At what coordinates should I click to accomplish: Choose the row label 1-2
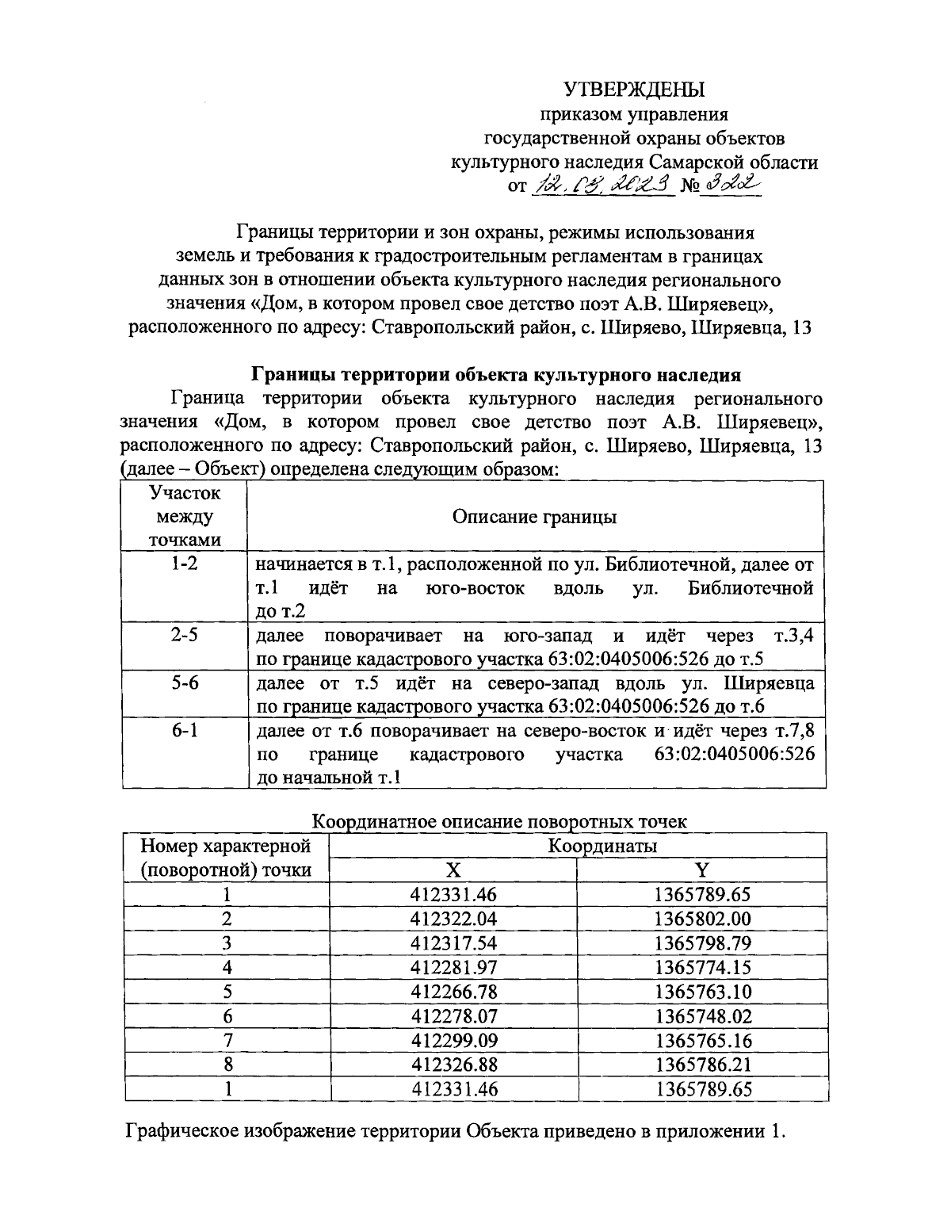coord(185,565)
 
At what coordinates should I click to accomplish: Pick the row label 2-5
coord(185,636)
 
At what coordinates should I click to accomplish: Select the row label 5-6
coord(185,683)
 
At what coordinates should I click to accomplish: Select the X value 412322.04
coord(453,919)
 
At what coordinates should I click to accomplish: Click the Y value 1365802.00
coord(702,919)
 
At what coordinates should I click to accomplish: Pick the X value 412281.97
coord(453,967)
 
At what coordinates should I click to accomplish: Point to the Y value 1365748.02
coord(702,1016)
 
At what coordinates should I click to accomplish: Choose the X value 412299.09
coord(453,1040)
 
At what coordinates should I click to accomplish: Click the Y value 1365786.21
coord(702,1065)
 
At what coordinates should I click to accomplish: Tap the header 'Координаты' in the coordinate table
coord(602,846)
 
